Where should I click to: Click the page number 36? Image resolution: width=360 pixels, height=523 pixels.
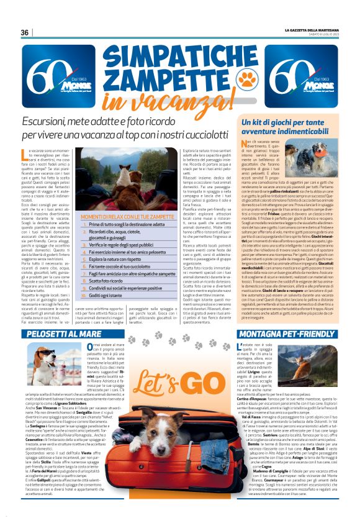tap(25, 32)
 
